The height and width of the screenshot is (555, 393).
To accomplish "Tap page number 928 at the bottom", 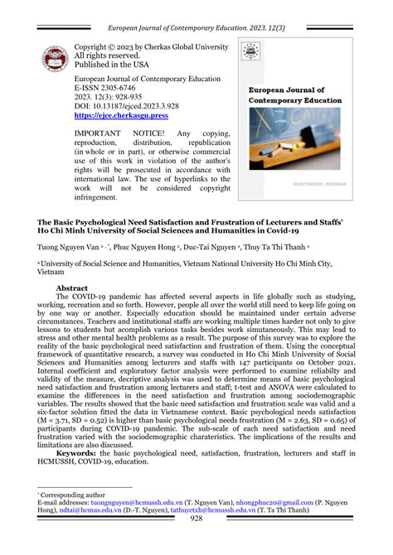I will [196, 542].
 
